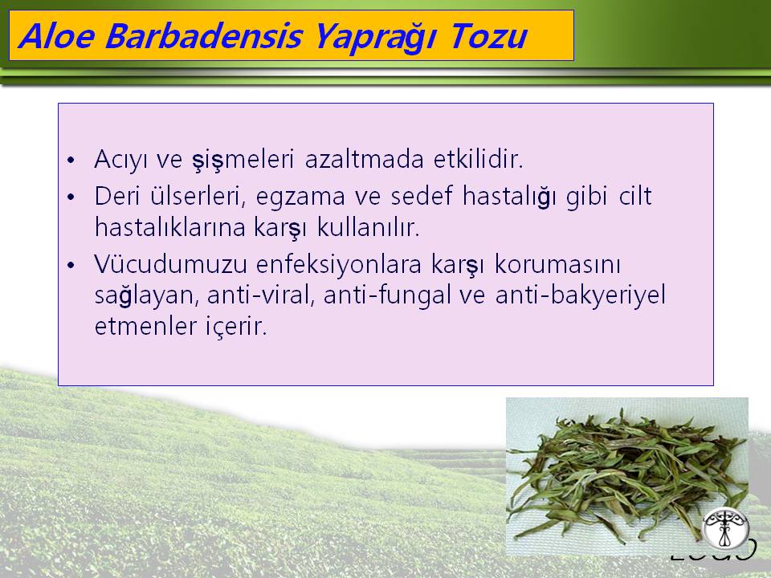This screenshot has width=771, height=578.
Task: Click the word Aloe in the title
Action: (56, 36)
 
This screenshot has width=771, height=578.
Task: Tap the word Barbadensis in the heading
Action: (203, 36)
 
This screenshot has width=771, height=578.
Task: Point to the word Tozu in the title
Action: (488, 36)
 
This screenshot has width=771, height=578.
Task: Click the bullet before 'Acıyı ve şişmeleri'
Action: (71, 161)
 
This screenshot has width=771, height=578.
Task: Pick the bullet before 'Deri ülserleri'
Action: (71, 197)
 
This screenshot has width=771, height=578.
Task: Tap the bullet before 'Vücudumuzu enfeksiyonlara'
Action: (71, 265)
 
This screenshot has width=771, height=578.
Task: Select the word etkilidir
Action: (479, 159)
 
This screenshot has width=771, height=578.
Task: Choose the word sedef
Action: (422, 195)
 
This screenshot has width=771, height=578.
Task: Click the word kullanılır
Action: (369, 226)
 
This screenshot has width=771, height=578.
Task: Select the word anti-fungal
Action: (387, 296)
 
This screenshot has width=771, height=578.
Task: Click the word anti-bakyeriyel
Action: (580, 296)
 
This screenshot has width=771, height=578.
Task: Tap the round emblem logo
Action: (725, 529)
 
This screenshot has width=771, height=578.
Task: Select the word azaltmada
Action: (364, 159)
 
